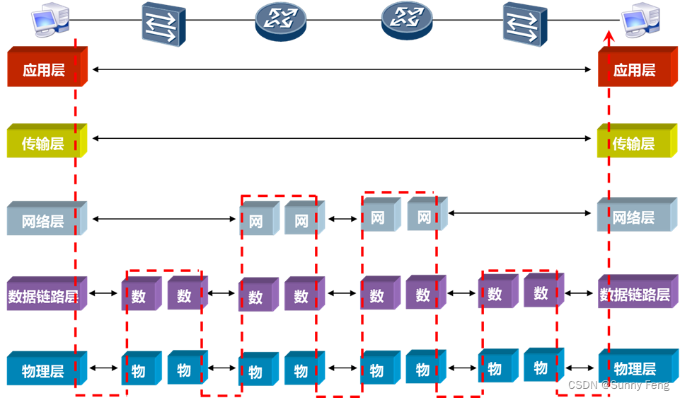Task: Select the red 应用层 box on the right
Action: click(633, 69)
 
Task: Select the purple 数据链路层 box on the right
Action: click(633, 293)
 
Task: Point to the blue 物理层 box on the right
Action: click(633, 368)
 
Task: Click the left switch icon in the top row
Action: click(163, 23)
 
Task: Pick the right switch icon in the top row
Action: click(524, 23)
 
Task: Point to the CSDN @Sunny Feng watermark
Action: click(618, 385)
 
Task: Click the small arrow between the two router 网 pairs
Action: click(343, 219)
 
